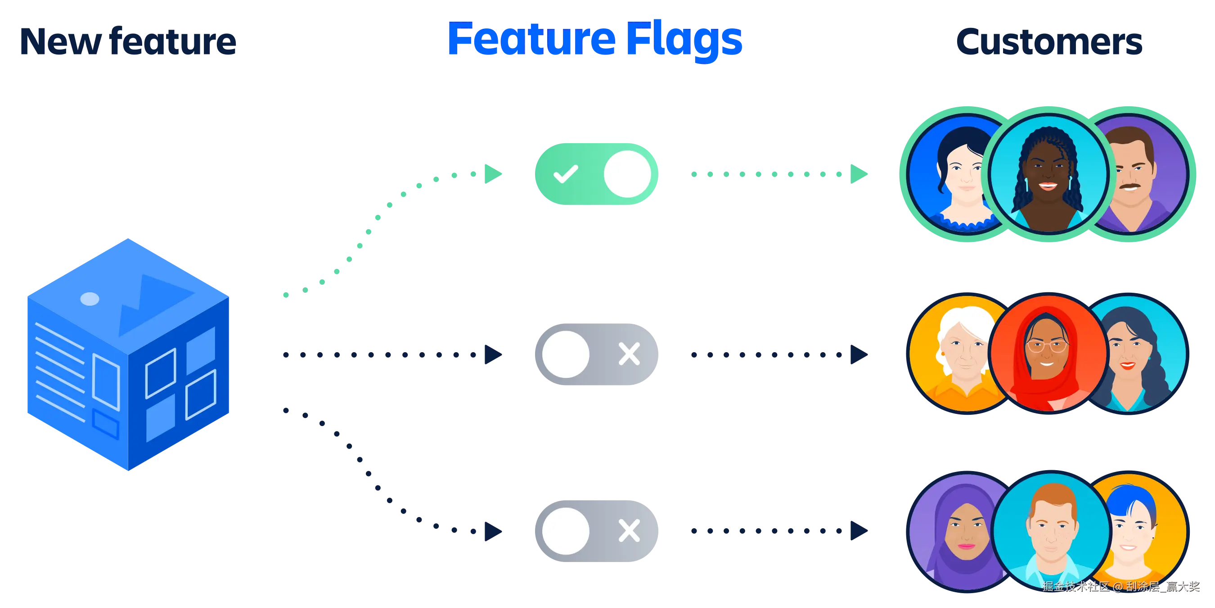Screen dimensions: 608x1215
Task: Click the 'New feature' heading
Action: (x=127, y=41)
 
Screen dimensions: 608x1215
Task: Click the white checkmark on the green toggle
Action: (x=566, y=174)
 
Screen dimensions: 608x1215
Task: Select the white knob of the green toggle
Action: (x=627, y=174)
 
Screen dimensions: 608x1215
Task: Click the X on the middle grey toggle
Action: (x=629, y=354)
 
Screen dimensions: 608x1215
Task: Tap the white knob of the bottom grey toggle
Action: (x=566, y=531)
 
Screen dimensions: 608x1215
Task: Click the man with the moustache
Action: (x=1137, y=175)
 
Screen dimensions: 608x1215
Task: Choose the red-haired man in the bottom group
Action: (x=1052, y=531)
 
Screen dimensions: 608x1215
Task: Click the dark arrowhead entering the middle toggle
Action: (x=491, y=354)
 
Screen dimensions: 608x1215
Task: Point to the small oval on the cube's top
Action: (x=90, y=299)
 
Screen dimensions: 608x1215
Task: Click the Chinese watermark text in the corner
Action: (x=1120, y=586)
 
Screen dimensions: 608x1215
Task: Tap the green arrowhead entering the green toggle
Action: (x=492, y=173)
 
